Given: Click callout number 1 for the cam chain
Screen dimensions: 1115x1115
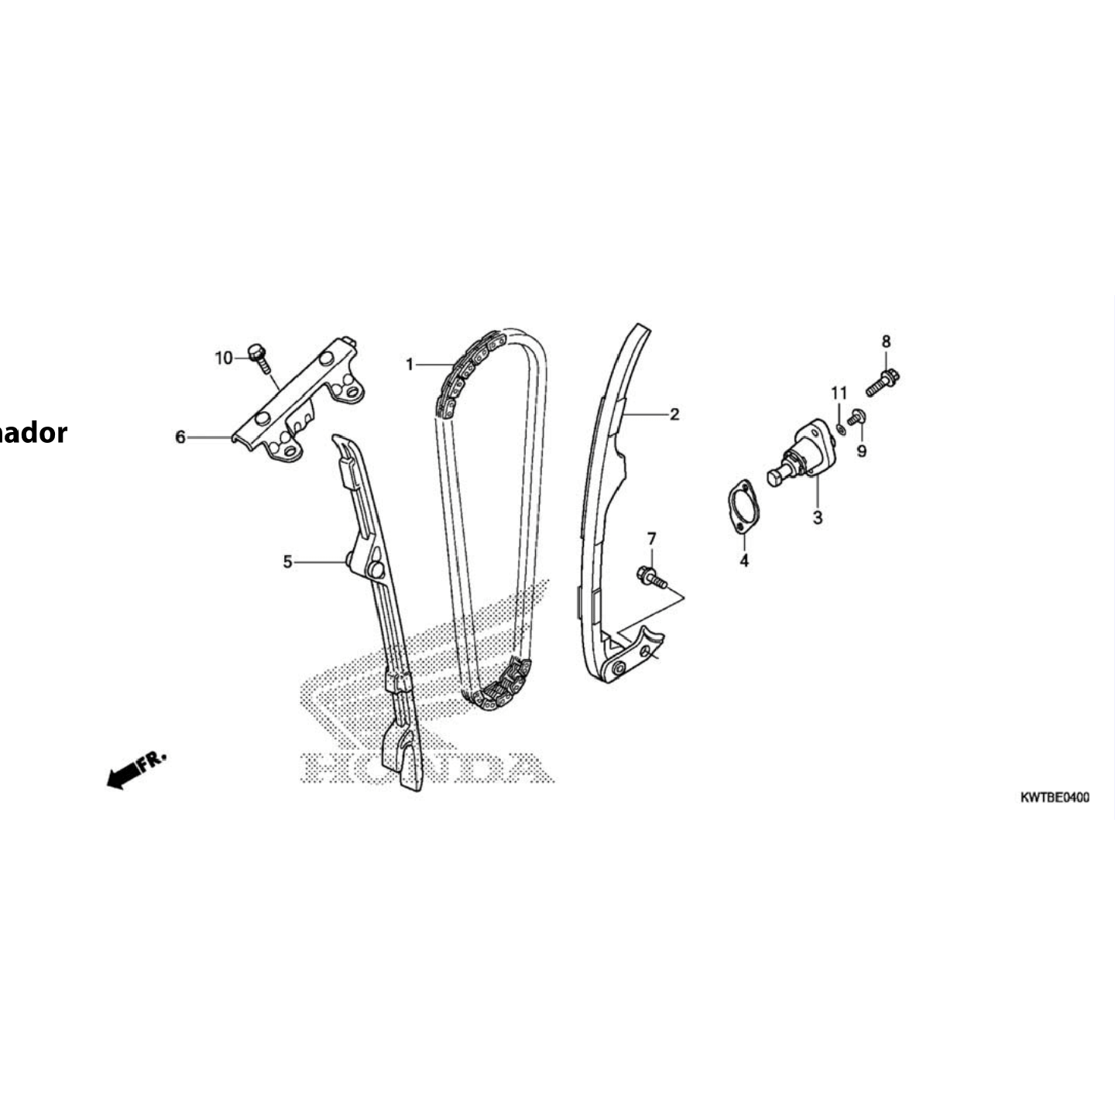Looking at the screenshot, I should [410, 364].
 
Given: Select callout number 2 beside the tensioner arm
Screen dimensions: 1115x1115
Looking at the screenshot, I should [674, 414].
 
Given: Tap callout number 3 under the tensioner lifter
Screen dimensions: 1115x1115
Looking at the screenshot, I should [818, 517].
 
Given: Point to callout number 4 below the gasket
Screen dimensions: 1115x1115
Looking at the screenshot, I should [744, 561].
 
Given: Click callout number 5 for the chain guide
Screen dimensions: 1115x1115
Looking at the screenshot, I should [287, 561].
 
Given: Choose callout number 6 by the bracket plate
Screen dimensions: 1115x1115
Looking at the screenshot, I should [180, 437].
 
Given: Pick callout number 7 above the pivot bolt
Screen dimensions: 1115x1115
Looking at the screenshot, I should [651, 538].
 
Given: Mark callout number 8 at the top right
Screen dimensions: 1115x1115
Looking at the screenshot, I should [887, 341].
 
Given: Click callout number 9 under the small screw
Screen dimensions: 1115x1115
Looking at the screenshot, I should [862, 451].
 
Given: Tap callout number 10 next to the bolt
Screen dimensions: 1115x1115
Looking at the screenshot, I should [224, 358].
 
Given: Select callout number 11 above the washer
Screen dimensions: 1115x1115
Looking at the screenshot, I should [839, 393].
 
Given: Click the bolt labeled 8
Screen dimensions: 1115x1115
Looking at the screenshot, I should [883, 383].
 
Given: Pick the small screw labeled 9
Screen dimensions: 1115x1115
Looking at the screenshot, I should [856, 417].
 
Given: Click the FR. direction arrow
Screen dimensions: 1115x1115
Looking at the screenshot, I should [135, 769].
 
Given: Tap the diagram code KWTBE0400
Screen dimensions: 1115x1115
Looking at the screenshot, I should [1054, 797].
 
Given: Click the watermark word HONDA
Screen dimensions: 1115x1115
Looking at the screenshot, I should [427, 768].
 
